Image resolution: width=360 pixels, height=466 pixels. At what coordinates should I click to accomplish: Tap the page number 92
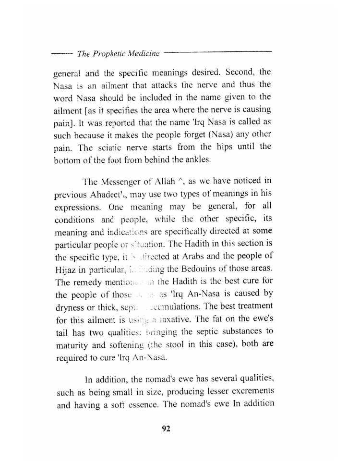pos(166,429)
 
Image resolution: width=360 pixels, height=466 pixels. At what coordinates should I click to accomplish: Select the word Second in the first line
pos(238,73)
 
